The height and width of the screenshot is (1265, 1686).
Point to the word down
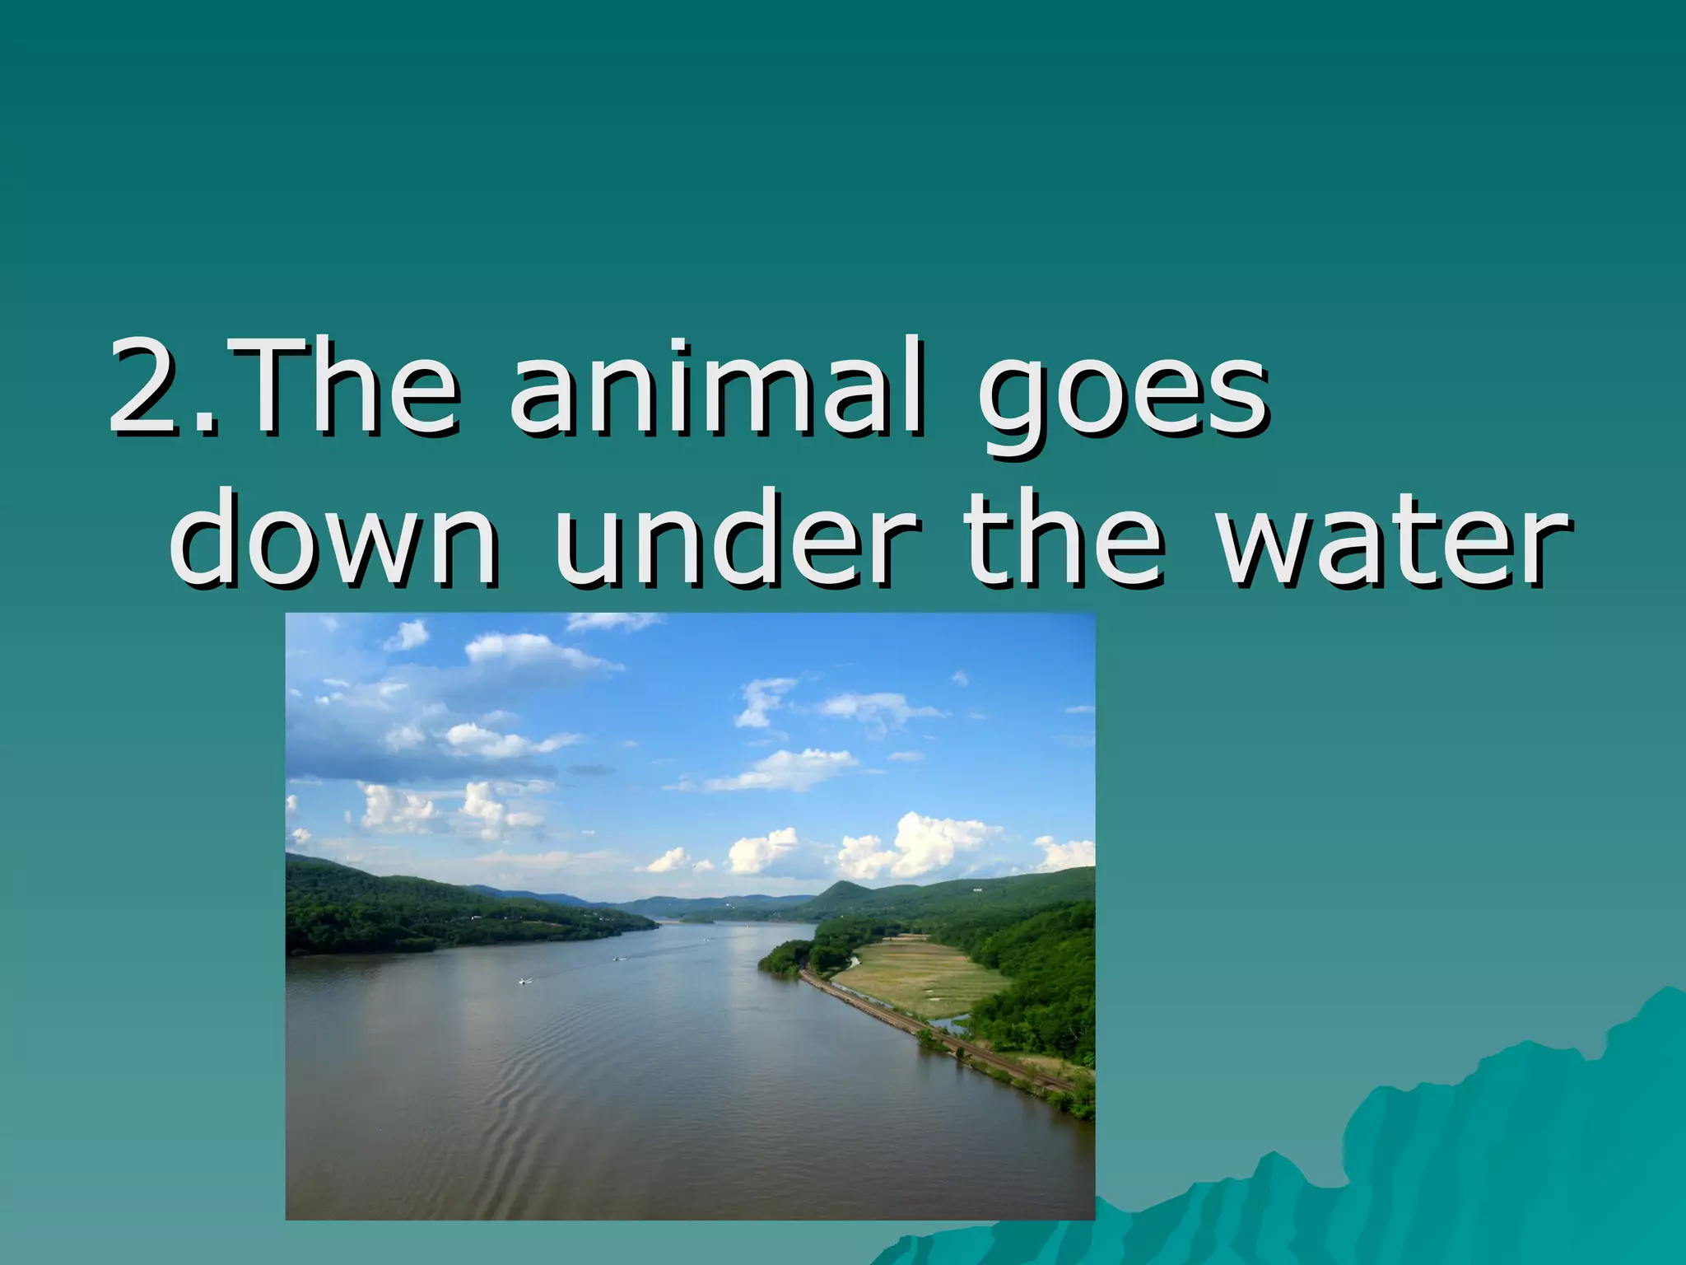click(x=333, y=539)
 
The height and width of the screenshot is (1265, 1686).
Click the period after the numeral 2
click(x=206, y=424)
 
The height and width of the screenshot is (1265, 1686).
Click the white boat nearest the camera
click(x=524, y=981)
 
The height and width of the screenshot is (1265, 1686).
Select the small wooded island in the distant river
click(x=698, y=917)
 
